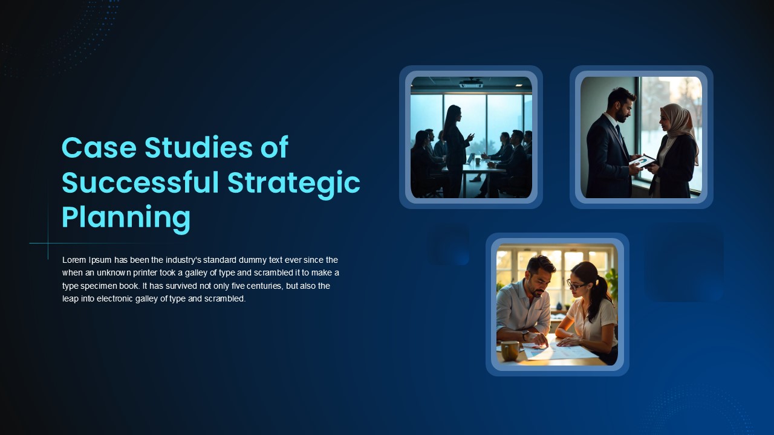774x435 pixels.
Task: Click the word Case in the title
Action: (x=99, y=147)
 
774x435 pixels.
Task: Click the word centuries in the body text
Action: (x=265, y=286)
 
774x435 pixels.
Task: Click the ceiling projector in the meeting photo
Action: (x=470, y=83)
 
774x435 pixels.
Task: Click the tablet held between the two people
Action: (x=642, y=161)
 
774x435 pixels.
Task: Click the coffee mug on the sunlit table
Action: (x=510, y=350)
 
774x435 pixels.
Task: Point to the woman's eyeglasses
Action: (x=576, y=285)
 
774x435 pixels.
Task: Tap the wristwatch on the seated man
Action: (x=525, y=335)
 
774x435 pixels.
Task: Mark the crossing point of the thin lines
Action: (x=48, y=243)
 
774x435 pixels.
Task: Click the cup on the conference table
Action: (x=478, y=161)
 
